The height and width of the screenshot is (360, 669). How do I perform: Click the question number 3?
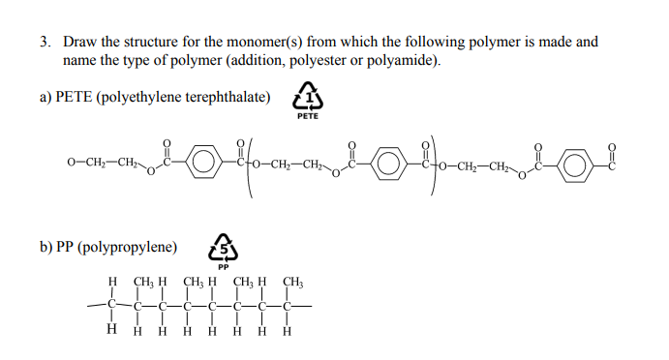45,43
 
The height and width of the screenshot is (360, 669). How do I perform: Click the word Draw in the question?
79,43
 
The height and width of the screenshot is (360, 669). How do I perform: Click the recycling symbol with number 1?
308,98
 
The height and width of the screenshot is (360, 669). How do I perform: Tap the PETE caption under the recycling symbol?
308,117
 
